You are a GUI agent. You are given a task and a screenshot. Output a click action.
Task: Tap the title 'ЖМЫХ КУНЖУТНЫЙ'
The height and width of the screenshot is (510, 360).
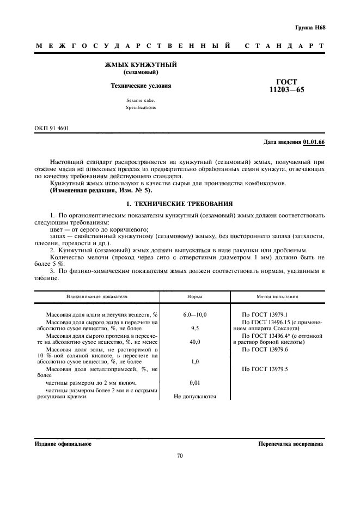[141, 65]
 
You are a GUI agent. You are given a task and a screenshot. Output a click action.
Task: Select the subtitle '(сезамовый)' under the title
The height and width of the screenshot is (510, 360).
[141, 72]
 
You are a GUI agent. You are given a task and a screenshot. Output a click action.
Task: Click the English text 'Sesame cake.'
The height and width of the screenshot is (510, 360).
[141, 100]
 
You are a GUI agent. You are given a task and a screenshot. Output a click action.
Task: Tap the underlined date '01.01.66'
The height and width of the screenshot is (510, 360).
[314, 142]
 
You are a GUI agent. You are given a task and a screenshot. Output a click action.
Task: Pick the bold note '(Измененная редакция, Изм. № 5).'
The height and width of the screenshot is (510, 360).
[101, 190]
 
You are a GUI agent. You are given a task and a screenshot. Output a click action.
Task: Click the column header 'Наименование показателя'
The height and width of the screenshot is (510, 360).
[97, 296]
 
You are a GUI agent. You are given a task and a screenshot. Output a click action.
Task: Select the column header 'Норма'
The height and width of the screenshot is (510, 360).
[194, 296]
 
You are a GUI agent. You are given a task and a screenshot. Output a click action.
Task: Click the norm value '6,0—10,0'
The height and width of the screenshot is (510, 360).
[194, 315]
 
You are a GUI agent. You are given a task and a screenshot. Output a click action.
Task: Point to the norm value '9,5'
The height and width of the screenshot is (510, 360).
[194, 329]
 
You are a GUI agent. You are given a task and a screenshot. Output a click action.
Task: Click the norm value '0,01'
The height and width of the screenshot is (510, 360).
[194, 383]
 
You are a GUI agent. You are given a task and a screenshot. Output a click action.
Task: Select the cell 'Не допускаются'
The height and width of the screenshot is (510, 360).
[194, 397]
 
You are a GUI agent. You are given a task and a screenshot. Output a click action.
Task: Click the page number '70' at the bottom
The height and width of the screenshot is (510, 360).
[180, 456]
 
